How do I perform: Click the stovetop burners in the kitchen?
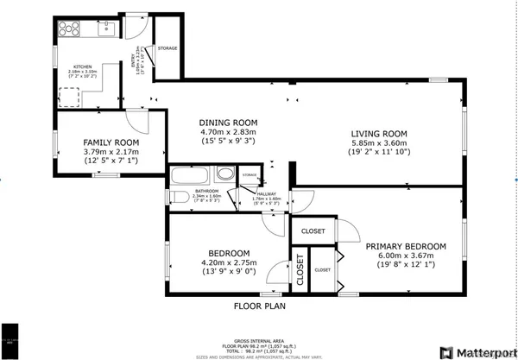click(x=70, y=30)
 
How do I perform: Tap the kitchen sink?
click(x=105, y=30)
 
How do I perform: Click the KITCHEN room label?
click(x=83, y=66)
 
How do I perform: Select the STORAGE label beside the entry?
click(x=167, y=48)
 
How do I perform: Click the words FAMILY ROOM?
click(x=111, y=142)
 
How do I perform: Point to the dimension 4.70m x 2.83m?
click(x=229, y=132)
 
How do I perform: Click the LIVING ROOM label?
click(x=378, y=133)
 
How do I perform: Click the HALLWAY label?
click(x=267, y=193)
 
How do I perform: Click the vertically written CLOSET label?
click(x=300, y=269)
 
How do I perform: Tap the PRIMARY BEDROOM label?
click(x=406, y=247)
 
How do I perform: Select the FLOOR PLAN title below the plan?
click(x=260, y=306)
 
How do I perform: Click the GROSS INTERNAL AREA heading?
click(x=260, y=340)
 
